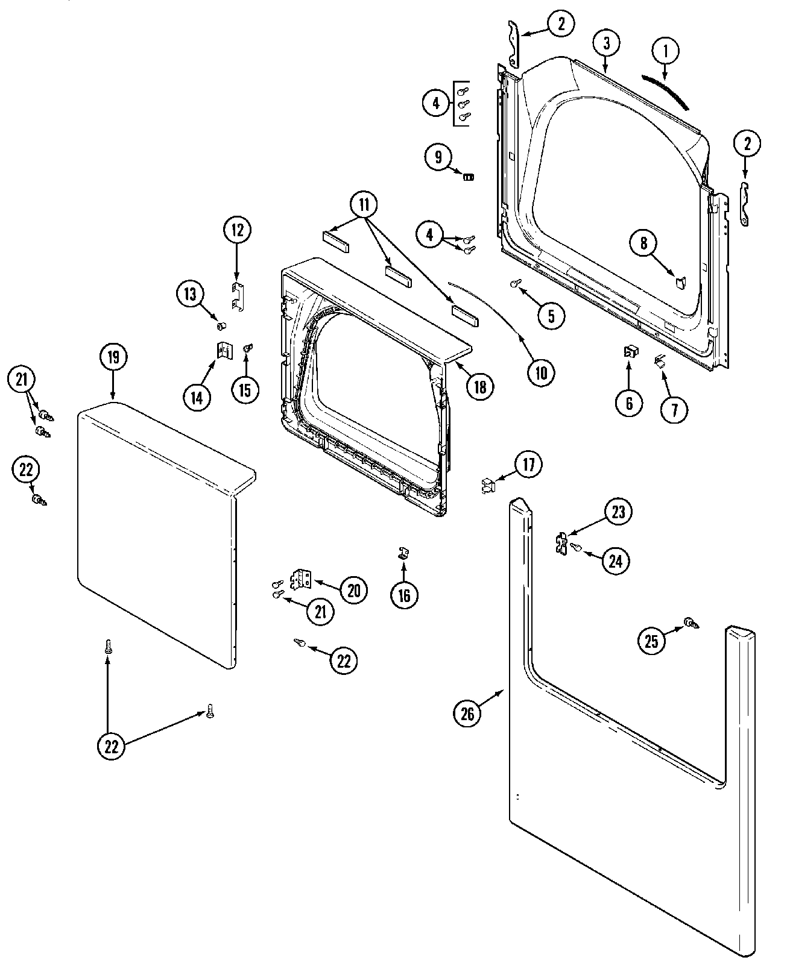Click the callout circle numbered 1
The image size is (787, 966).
coord(666,52)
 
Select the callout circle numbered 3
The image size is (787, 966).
coord(607,43)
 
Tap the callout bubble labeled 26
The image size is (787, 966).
coord(468,714)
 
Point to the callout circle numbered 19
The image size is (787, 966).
coord(113,357)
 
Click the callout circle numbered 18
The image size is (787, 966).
coord(479,386)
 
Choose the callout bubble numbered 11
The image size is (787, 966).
coord(364,205)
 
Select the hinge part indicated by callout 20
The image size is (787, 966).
coord(302,579)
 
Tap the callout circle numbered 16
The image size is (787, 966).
coord(404,595)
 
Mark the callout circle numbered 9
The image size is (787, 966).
coord(438,158)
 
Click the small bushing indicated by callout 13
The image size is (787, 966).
coord(221,326)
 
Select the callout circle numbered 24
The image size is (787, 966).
coord(615,561)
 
